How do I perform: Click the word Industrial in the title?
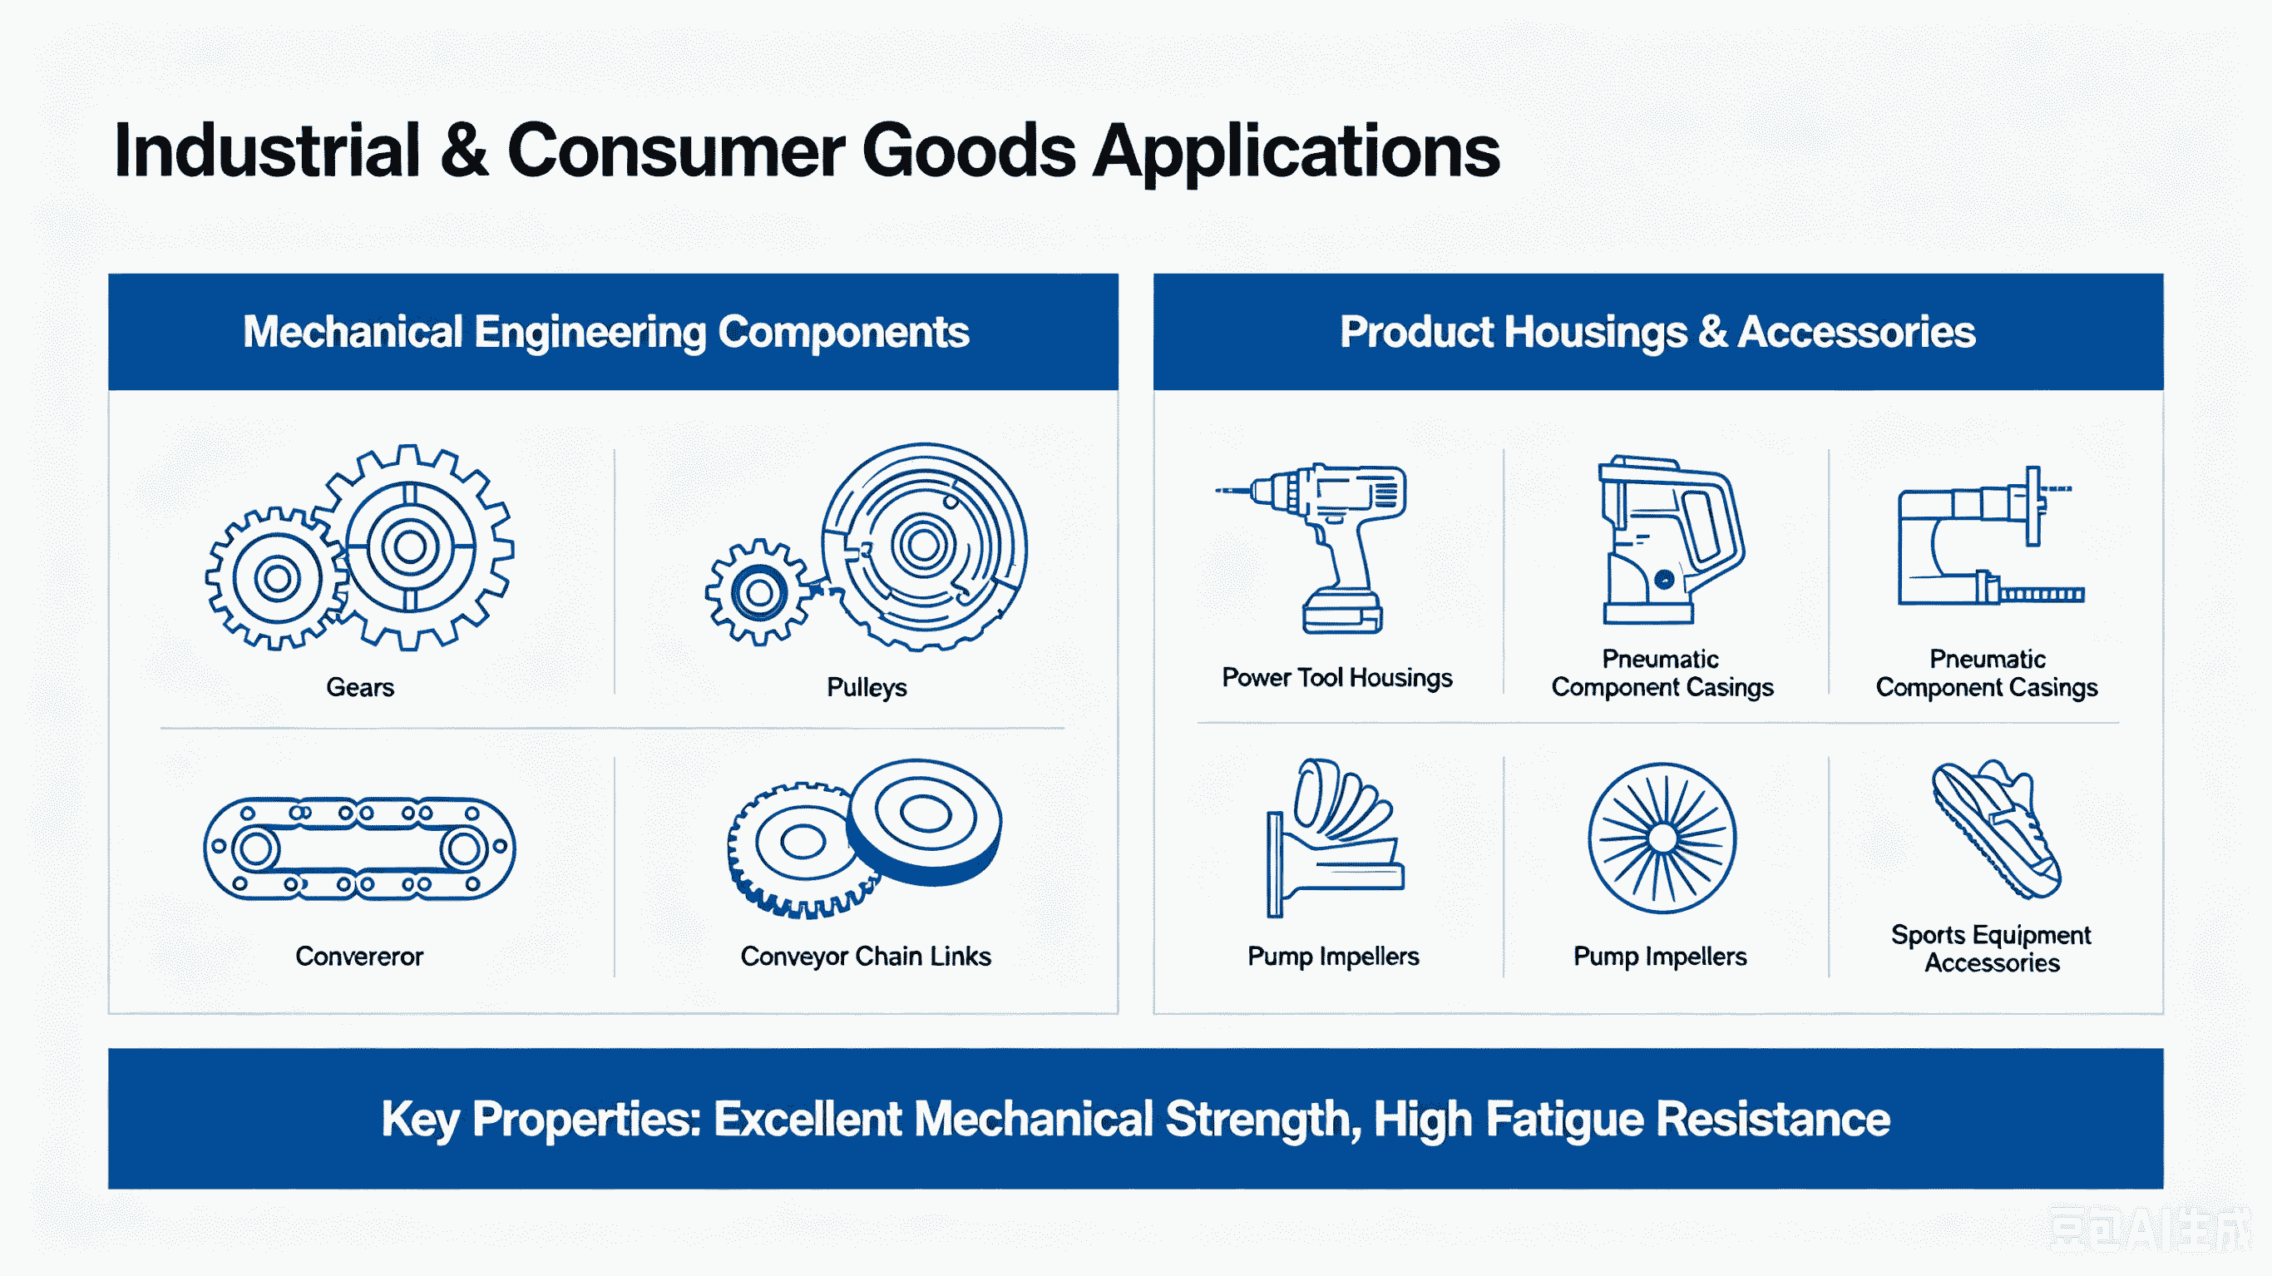(267, 151)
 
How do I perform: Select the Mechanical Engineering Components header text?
(606, 333)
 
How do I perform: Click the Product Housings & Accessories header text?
(1657, 332)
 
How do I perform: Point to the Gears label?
(360, 687)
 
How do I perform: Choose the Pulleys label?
(866, 687)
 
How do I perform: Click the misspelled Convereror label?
(359, 957)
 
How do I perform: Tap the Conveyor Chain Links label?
(865, 957)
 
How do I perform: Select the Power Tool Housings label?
(1337, 678)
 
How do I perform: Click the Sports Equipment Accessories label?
(1991, 948)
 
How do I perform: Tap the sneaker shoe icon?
(1995, 829)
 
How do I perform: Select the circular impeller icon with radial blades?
(1662, 838)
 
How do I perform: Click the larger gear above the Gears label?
(411, 547)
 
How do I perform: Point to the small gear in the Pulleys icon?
(758, 592)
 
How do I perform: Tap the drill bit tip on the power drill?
(1218, 490)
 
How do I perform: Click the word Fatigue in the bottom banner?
(1564, 1120)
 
